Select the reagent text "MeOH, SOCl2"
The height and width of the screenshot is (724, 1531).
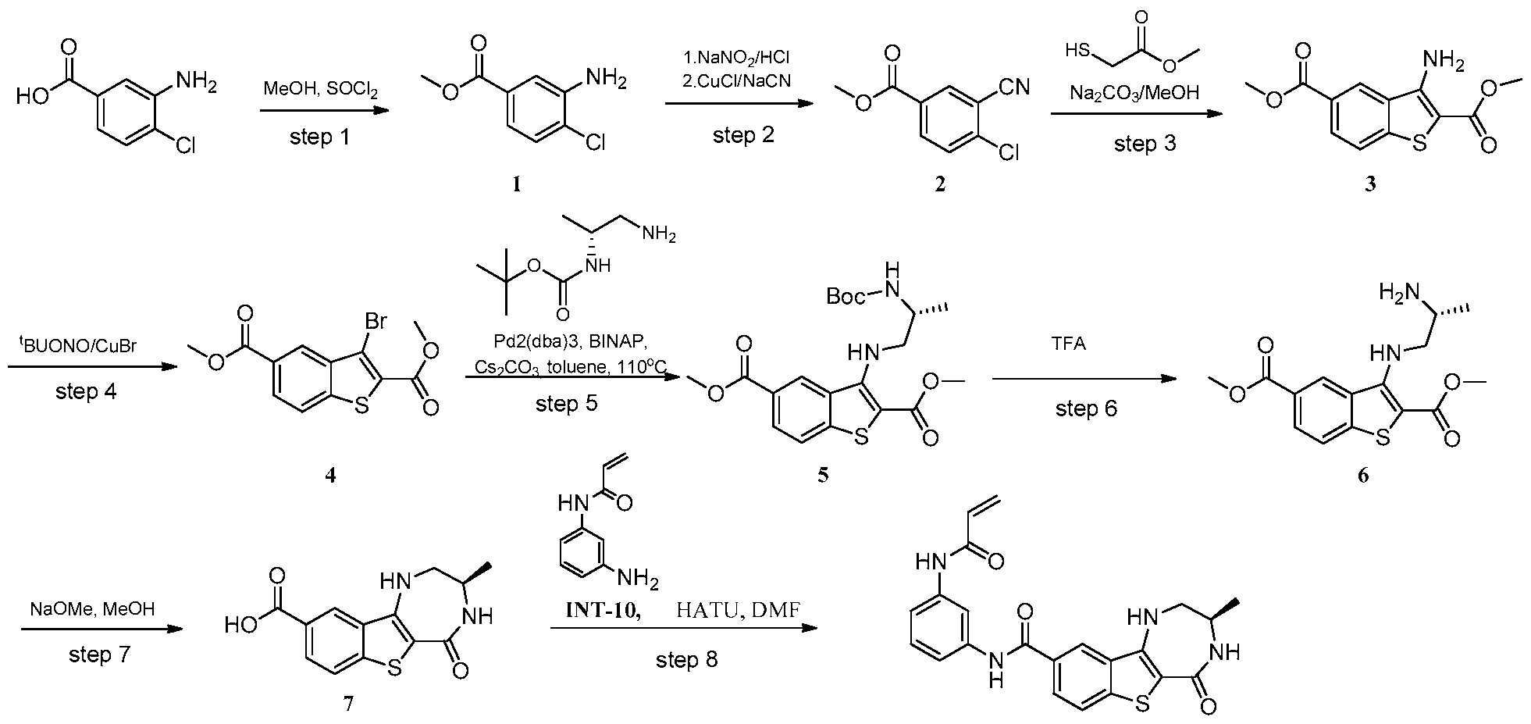(320, 90)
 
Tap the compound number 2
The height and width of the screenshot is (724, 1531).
(940, 184)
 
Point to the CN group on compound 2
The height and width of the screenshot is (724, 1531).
(1013, 87)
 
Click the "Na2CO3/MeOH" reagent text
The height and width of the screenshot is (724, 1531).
(1134, 94)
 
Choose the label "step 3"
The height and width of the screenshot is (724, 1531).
(1144, 144)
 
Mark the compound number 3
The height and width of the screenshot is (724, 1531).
(1369, 184)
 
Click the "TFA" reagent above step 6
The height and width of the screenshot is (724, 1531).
(1069, 344)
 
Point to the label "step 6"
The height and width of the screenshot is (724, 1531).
(1086, 408)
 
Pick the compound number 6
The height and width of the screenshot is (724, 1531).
(1362, 476)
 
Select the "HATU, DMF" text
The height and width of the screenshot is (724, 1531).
(737, 610)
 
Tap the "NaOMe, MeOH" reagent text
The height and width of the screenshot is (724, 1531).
(92, 608)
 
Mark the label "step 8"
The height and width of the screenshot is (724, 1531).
(686, 660)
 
